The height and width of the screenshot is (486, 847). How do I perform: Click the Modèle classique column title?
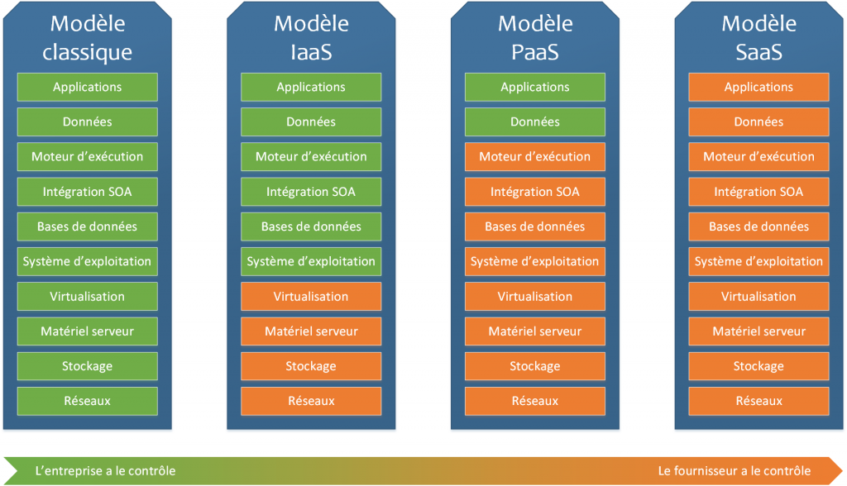click(87, 38)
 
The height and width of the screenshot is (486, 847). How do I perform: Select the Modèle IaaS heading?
click(311, 38)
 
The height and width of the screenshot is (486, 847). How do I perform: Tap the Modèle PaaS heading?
click(535, 38)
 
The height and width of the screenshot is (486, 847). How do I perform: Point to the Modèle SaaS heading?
click(758, 38)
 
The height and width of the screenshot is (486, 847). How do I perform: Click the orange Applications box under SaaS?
click(758, 87)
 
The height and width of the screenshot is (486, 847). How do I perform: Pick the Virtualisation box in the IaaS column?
click(311, 296)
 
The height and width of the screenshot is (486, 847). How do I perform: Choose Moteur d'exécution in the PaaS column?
click(535, 156)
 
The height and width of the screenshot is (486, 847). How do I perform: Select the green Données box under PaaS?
click(535, 121)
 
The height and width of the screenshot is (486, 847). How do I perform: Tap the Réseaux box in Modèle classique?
click(87, 401)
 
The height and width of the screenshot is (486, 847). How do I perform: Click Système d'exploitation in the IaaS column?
click(311, 261)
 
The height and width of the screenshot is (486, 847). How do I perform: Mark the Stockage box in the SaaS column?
click(758, 366)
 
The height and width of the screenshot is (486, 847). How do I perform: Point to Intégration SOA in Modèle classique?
click(87, 192)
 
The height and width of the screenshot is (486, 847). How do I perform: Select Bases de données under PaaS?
click(535, 226)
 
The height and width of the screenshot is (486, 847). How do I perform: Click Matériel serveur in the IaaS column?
click(311, 331)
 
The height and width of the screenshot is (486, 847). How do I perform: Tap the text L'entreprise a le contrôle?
click(105, 470)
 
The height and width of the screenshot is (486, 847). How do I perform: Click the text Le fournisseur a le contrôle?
click(735, 470)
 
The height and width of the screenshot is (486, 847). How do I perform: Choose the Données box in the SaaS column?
click(758, 121)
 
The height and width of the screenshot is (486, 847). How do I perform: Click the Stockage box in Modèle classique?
click(87, 366)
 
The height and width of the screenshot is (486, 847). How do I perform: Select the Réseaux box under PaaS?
click(535, 401)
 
